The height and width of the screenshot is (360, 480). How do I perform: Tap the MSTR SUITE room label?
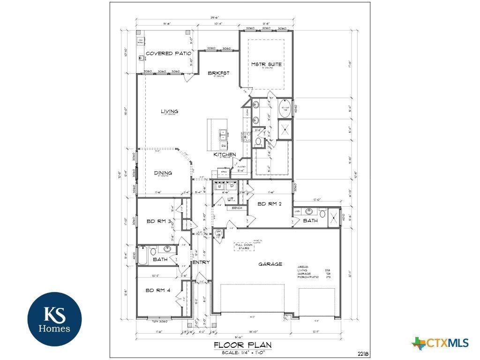pos(266,64)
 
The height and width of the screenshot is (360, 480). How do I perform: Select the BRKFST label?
pos(219,73)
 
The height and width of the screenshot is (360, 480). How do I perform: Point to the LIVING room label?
pos(169,112)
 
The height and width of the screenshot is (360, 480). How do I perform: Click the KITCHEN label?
pos(225,154)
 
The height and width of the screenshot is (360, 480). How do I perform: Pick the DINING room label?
pos(163,173)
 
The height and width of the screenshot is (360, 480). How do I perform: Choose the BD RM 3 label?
pos(157,221)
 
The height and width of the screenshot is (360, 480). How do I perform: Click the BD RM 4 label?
pos(158,290)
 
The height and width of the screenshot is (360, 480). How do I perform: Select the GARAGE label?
pos(270,264)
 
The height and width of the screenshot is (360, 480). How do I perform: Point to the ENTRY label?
pos(201,262)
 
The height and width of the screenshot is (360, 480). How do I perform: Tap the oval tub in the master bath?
pos(285,109)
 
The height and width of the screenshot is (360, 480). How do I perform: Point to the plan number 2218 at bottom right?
pos(361,353)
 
